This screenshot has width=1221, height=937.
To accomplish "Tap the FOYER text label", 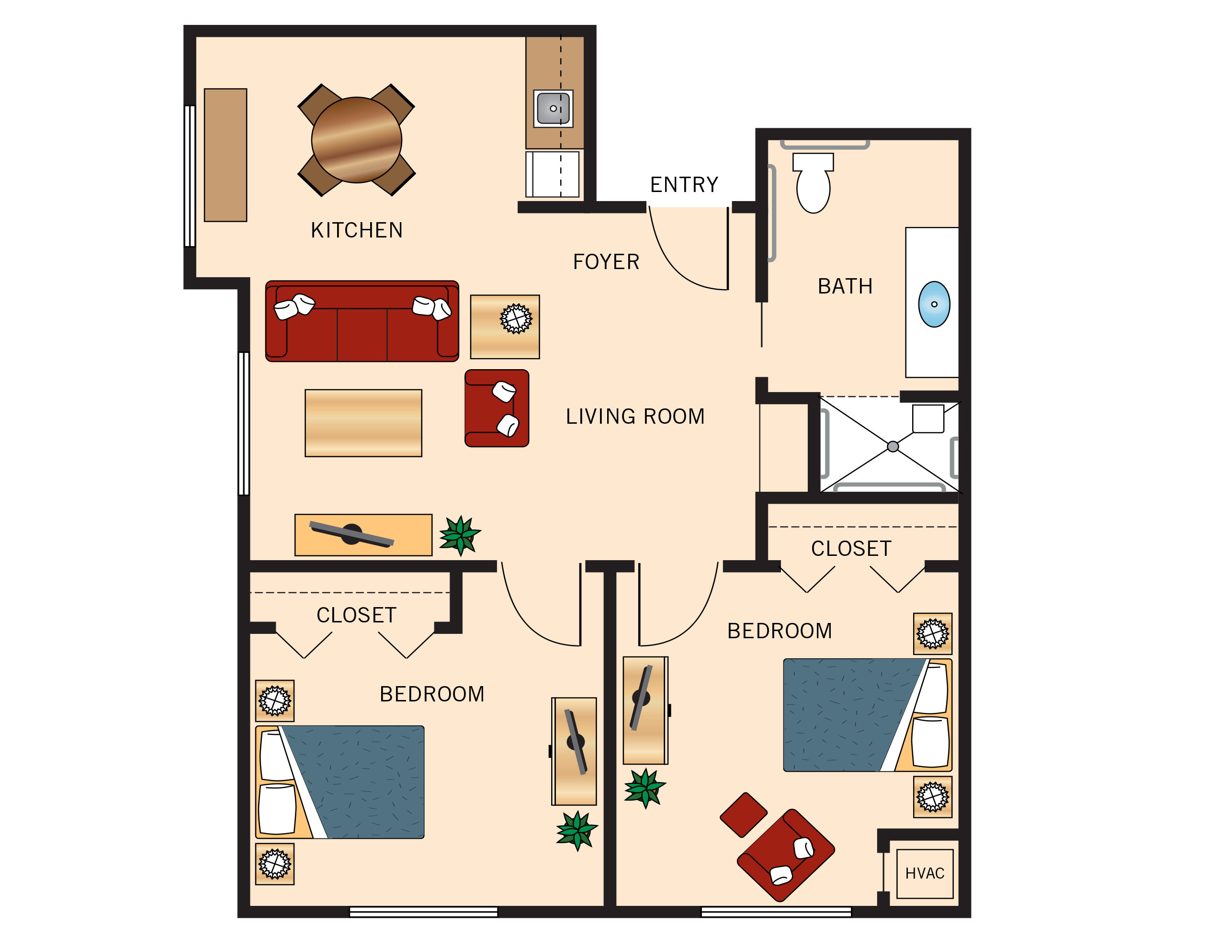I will pos(606,262).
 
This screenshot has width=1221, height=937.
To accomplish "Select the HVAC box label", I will pos(924,873).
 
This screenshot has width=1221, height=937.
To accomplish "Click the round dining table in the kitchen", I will pos(356,140).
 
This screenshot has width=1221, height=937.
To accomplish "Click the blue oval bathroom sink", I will pos(934,304).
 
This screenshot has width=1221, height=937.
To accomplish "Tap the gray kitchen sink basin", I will pos(553,108).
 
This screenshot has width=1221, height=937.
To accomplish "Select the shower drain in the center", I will pos(893,447).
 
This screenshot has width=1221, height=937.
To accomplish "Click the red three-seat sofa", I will pos(362,329).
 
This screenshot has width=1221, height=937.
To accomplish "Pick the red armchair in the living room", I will pos(497,408).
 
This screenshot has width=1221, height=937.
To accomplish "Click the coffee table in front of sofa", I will pos(363,423).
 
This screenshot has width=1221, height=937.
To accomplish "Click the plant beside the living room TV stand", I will pos(460,535).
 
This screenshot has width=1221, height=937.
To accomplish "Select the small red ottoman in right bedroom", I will pos(743,815).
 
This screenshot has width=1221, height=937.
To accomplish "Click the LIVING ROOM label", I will pos(635,417).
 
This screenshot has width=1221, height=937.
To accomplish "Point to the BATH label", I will pos(845,287).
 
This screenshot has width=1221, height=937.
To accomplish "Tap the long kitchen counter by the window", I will pos(226,155).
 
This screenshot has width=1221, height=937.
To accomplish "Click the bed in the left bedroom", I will pos(340,782).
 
